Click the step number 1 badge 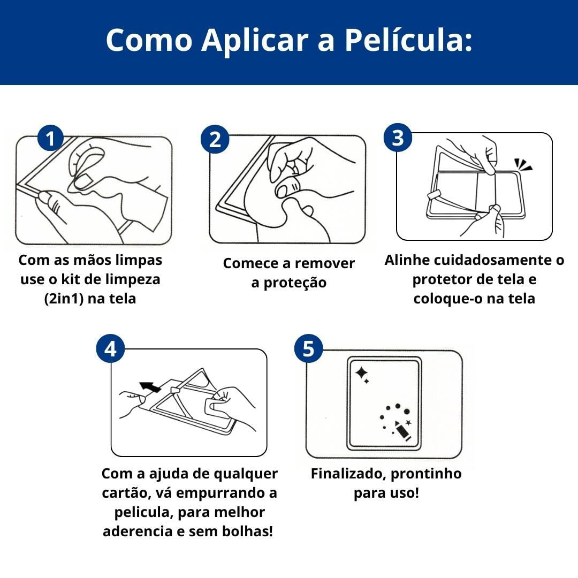click(x=50, y=138)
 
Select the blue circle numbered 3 click(x=398, y=138)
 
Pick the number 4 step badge click(x=110, y=348)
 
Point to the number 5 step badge click(x=309, y=348)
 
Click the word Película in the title click(x=408, y=40)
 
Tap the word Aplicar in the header click(x=255, y=40)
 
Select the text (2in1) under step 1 click(x=64, y=298)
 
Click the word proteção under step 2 click(x=295, y=283)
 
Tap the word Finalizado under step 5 click(x=348, y=474)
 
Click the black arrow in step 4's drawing click(x=150, y=387)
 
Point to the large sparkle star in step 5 click(x=361, y=372)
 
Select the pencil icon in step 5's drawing click(x=403, y=430)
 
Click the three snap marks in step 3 click(x=523, y=164)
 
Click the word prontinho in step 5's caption click(x=426, y=474)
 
